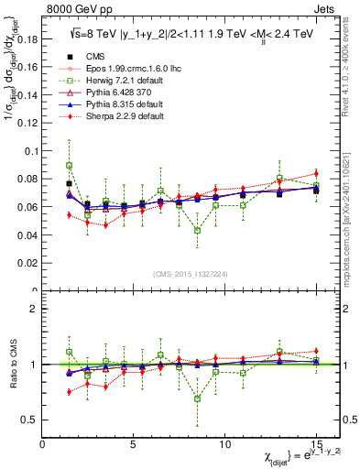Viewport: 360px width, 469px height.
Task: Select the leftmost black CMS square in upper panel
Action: (70, 183)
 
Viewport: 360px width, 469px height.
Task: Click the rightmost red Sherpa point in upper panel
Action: (316, 173)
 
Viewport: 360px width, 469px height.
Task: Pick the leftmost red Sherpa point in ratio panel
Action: (70, 391)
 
